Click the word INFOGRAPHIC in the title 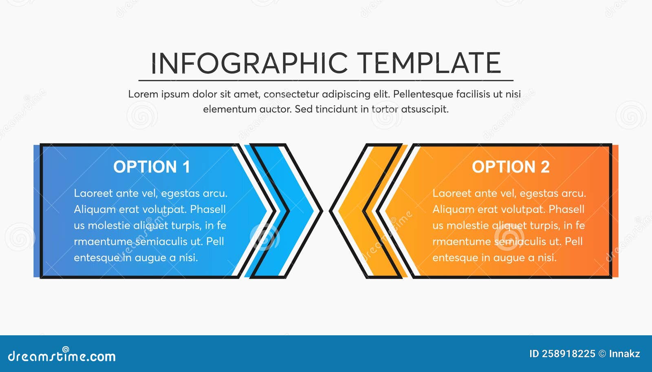[x=249, y=63]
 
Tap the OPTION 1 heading [x=152, y=167]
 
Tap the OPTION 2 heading [x=511, y=167]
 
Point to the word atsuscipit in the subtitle [x=425, y=109]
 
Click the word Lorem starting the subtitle [x=143, y=94]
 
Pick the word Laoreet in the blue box [x=93, y=193]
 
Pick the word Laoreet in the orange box [x=452, y=193]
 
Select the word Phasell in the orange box [x=566, y=210]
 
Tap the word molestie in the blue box [x=109, y=226]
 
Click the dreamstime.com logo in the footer [x=62, y=356]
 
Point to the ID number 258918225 [x=568, y=354]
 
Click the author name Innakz [x=624, y=354]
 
